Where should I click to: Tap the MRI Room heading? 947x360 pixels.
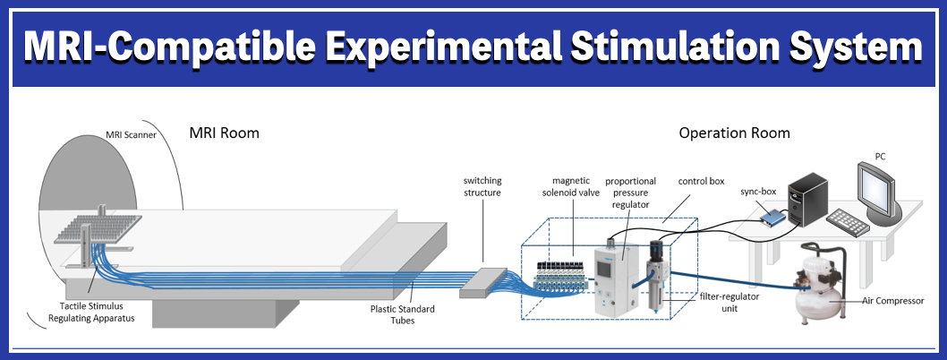pyautogui.click(x=224, y=133)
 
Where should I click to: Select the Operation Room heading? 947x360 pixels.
pyautogui.click(x=734, y=133)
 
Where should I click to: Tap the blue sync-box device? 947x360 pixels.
pyautogui.click(x=769, y=215)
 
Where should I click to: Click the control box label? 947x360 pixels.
pyautogui.click(x=701, y=180)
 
